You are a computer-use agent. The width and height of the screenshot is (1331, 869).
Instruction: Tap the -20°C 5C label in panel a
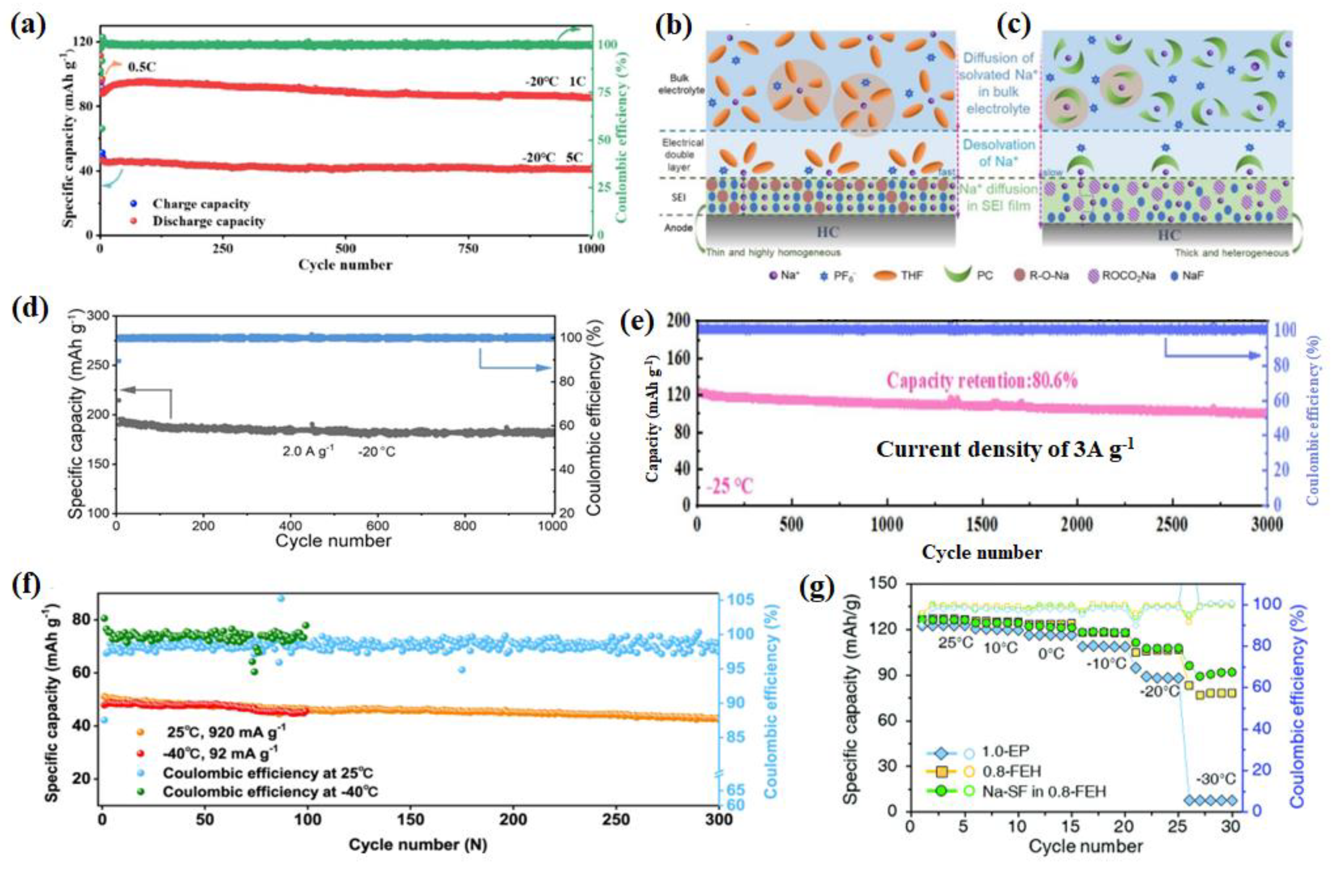point(552,158)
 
